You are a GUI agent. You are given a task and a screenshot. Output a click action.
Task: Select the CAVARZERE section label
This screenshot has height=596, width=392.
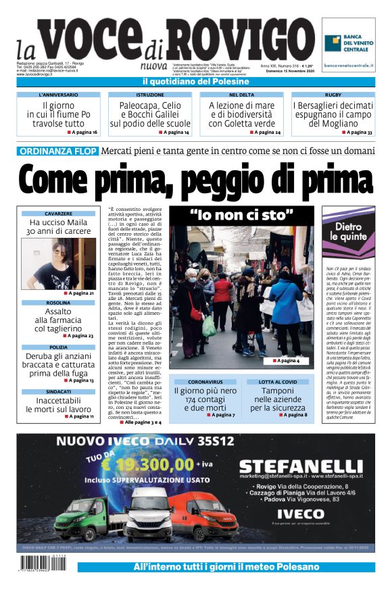pos(59,214)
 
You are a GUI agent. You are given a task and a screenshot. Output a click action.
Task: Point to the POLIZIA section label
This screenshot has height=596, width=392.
pos(59,347)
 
